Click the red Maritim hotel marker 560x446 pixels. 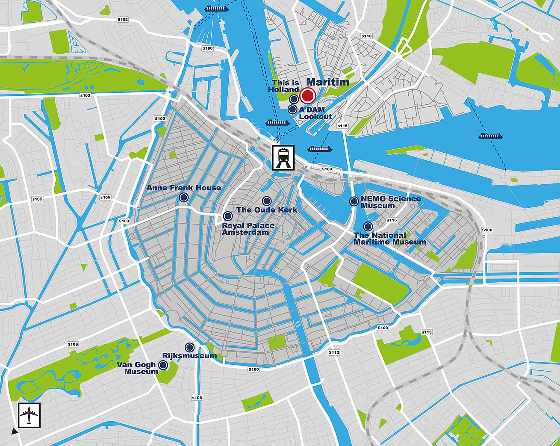pos(307,95)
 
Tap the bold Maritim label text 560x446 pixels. pos(327,82)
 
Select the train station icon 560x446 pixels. pos(283,158)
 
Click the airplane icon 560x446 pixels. pos(29,415)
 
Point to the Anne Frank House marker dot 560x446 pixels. pos(183,197)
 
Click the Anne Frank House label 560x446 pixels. pos(184,188)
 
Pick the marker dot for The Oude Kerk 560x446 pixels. pos(266,201)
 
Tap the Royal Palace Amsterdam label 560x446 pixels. pos(248,229)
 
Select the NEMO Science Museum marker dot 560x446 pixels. pos(354,201)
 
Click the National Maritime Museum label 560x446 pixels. pos(390,239)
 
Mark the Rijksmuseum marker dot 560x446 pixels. pos(189,347)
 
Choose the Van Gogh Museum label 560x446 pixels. pos(137,368)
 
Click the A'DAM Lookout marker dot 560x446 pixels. pos(292,109)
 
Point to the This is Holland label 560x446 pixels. pos(284,86)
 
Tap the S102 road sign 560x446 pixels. pos(122,20)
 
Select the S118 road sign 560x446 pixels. pos(366,36)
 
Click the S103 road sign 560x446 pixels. pos(85,95)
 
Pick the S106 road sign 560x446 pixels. pos(73,344)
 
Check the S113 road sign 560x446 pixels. pos(427,332)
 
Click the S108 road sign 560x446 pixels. pos(197,398)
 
